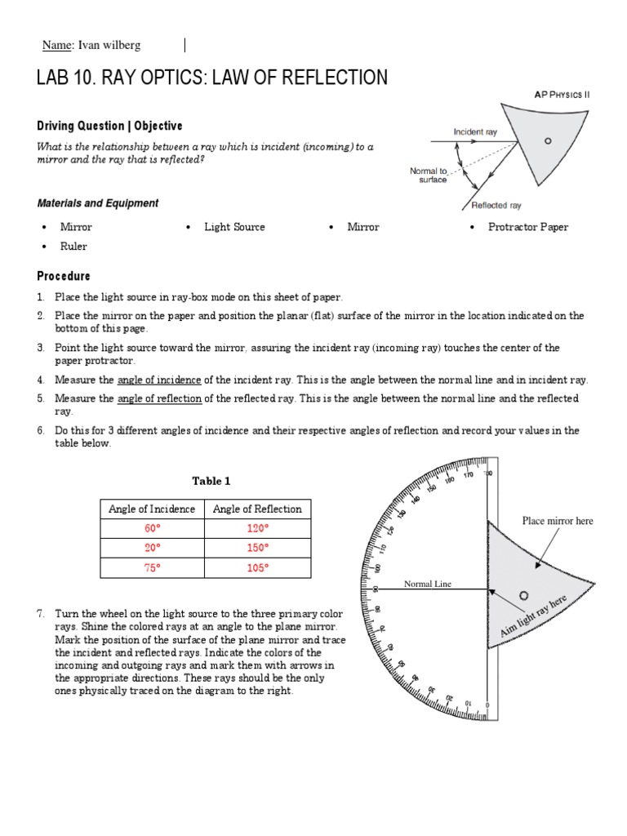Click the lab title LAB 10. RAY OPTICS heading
[x=212, y=78]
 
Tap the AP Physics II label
[x=562, y=95]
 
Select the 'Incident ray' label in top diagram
[x=475, y=131]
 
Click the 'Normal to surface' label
[x=429, y=176]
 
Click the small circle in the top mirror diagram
[x=548, y=140]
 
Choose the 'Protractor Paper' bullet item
[x=527, y=227]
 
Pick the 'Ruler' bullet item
[x=73, y=247]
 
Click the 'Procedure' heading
[x=64, y=276]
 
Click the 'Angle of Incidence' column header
[x=152, y=509]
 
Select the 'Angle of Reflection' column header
[x=257, y=509]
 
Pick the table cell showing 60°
[x=152, y=528]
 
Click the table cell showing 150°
[x=257, y=548]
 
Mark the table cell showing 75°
[x=152, y=567]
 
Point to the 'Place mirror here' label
[x=558, y=521]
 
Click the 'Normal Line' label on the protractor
[x=428, y=584]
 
